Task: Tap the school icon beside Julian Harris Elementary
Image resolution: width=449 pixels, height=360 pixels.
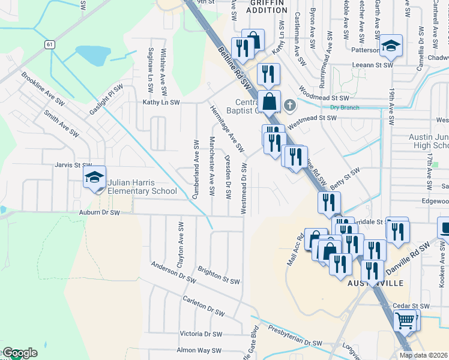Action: pos(94,178)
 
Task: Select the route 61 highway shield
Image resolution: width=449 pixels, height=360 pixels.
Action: pos(49,44)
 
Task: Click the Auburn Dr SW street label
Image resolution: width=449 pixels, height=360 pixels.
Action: pos(99,212)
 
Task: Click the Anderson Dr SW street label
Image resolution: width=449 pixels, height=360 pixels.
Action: pos(173,272)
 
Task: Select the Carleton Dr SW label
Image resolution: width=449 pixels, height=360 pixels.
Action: pos(203,305)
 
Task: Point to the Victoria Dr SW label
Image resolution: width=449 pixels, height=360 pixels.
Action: pos(201,334)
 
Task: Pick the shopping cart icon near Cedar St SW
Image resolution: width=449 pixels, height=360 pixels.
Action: pos(405,321)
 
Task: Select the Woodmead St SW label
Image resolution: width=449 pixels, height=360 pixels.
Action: pos(324,97)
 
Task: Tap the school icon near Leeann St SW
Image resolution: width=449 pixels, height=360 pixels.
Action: pos(390,46)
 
